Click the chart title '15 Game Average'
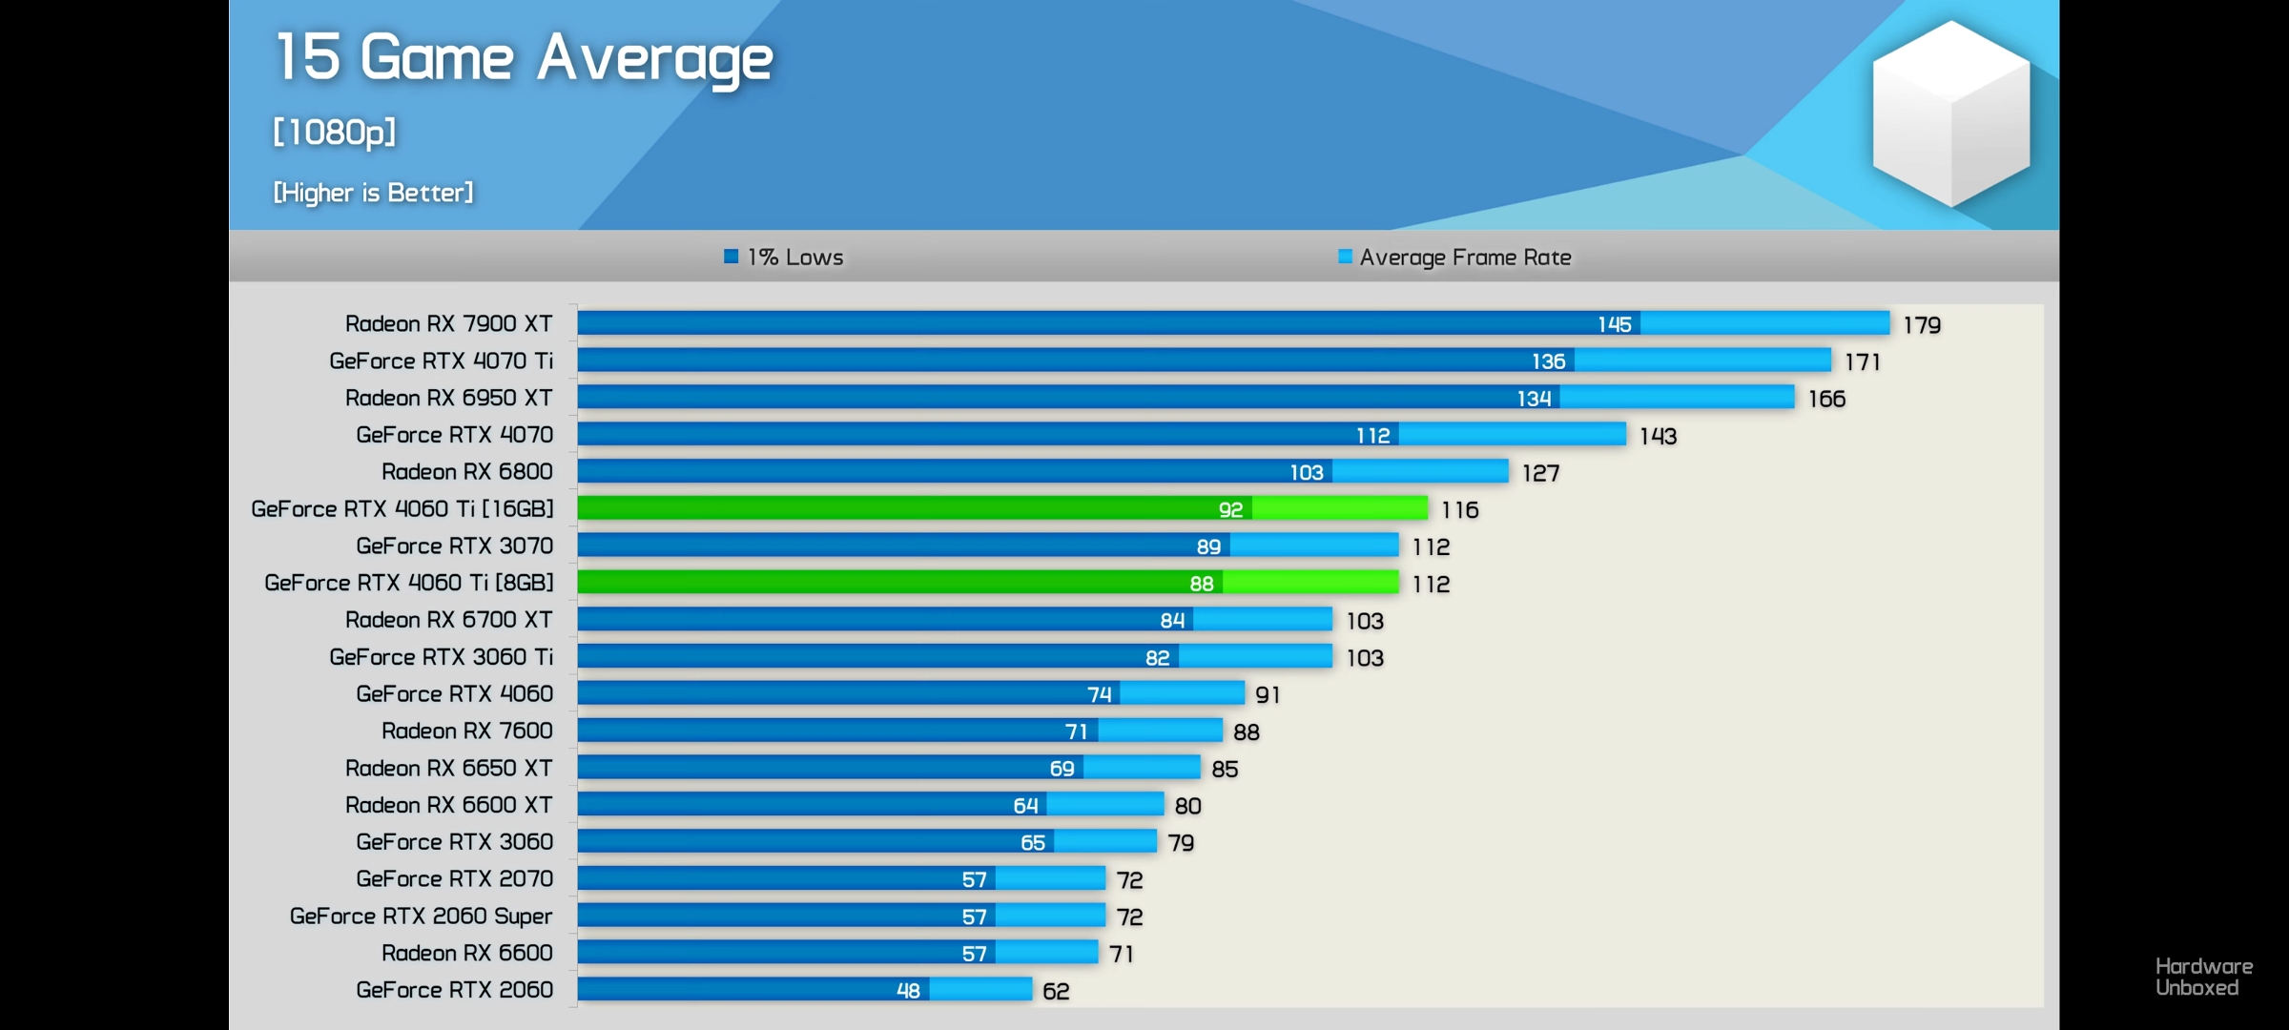point(524,58)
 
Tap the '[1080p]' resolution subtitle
point(334,132)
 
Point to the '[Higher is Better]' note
point(373,193)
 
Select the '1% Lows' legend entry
point(784,257)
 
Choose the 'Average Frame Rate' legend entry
point(1455,257)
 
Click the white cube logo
point(1950,113)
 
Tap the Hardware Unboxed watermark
point(2203,978)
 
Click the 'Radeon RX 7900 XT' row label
point(448,324)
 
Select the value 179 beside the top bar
point(1922,325)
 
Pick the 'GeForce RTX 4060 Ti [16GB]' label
point(402,509)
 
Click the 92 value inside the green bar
point(1230,510)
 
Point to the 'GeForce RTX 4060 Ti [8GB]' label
point(408,583)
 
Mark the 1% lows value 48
point(908,991)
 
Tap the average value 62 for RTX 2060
point(1056,992)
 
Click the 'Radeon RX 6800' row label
point(466,472)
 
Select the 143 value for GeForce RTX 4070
point(1658,437)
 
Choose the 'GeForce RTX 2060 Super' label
point(421,917)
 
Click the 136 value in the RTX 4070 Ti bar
point(1548,361)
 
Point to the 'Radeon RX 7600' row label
point(466,731)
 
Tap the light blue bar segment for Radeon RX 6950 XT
point(1677,398)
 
